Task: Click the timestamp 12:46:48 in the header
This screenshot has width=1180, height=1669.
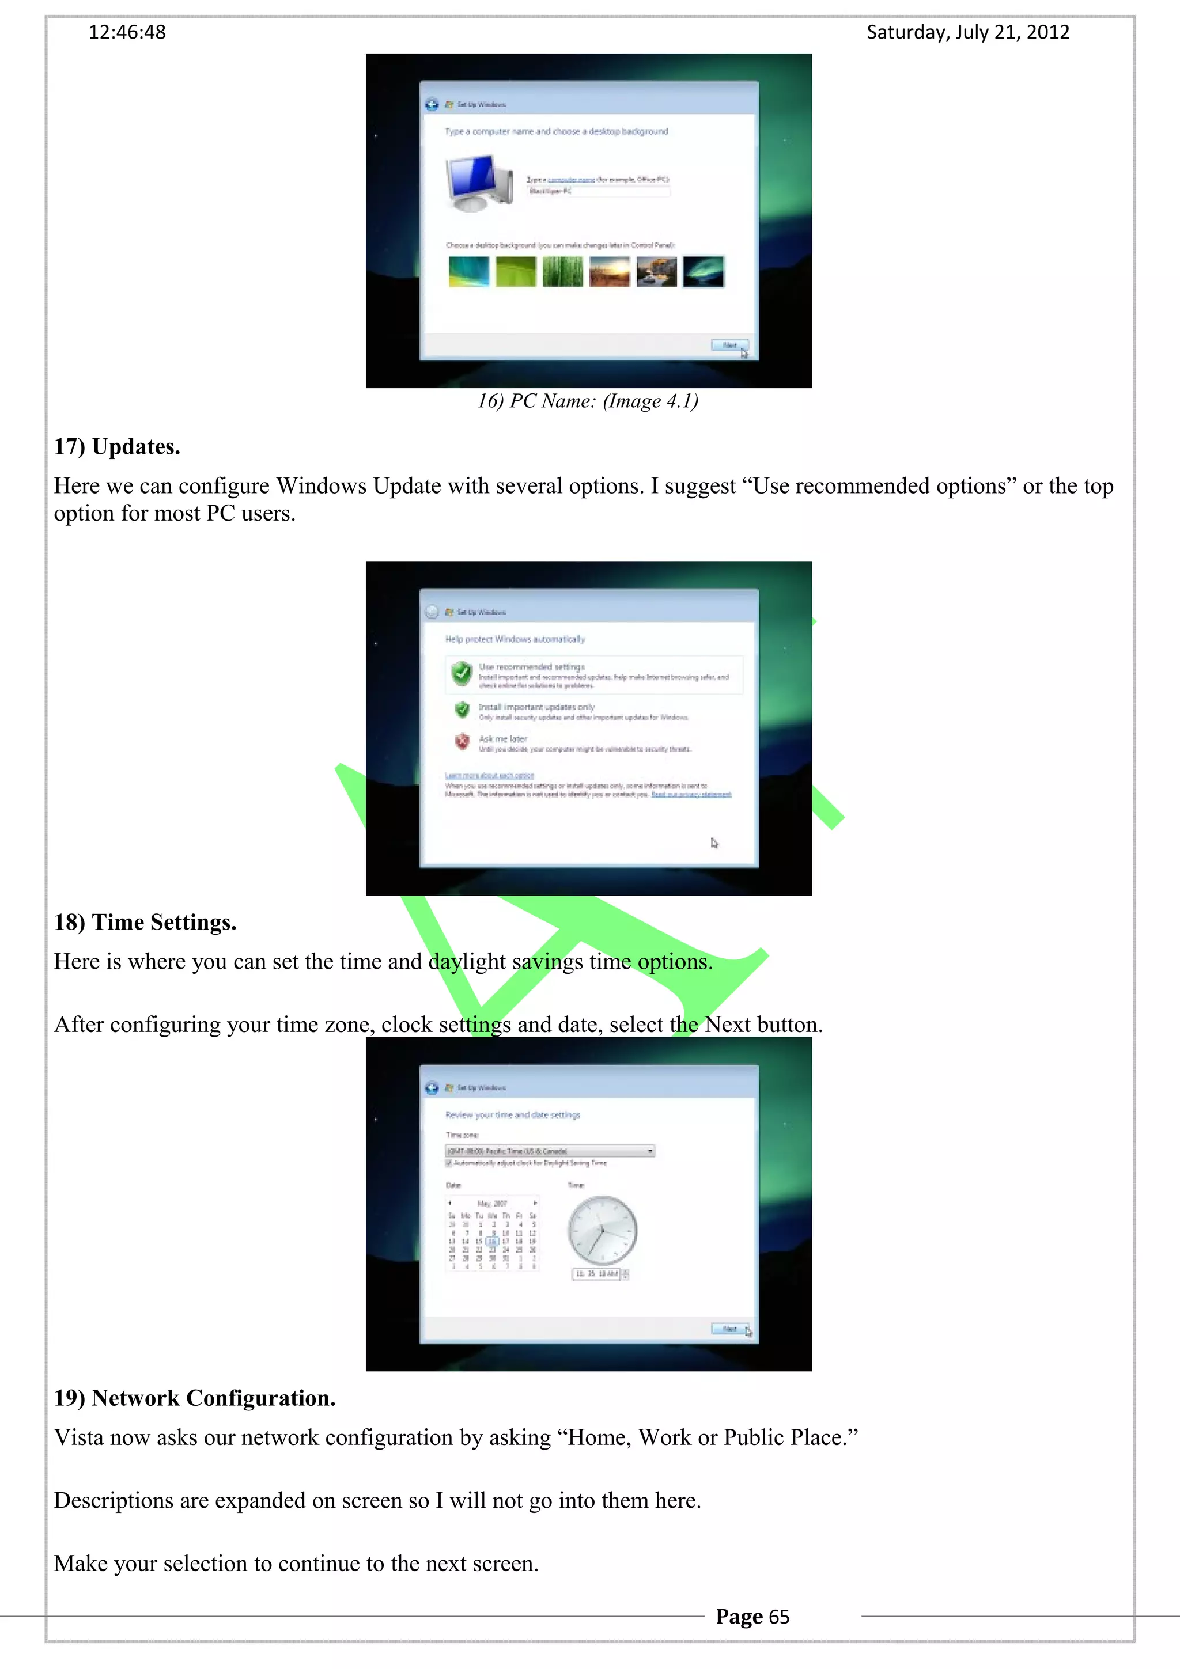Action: [x=127, y=32]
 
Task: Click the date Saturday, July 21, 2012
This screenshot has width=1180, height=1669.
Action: [x=968, y=32]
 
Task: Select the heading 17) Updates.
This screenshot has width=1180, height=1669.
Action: [x=117, y=446]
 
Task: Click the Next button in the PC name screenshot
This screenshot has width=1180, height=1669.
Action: [x=729, y=346]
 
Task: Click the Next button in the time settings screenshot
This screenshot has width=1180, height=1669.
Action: [x=729, y=1329]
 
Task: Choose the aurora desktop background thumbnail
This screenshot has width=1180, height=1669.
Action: [x=703, y=272]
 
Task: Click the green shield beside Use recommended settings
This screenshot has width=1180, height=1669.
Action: [x=462, y=673]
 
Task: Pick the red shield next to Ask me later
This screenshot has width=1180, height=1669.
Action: [x=462, y=741]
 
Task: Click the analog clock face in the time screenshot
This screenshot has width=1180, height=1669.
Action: [x=602, y=1231]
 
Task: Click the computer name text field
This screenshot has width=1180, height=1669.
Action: [x=597, y=191]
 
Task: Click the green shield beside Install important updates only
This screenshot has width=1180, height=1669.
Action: [x=462, y=709]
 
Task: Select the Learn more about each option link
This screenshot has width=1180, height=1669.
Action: [x=489, y=776]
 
